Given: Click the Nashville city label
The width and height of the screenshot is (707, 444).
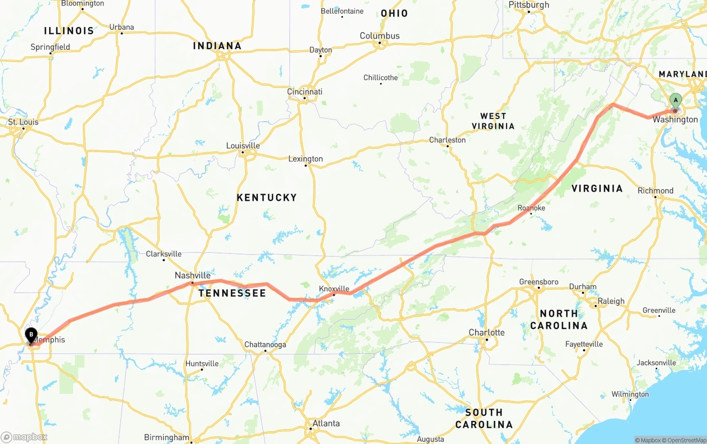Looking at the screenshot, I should pyautogui.click(x=192, y=275).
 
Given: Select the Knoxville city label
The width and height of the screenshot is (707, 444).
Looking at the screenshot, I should pyautogui.click(x=334, y=289).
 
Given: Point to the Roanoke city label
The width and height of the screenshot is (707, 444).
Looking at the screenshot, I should pyautogui.click(x=531, y=208).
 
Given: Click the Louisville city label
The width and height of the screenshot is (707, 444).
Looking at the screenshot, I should pyautogui.click(x=242, y=146).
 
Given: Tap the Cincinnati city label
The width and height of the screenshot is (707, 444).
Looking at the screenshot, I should pyautogui.click(x=305, y=92).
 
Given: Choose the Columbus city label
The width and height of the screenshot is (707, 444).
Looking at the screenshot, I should pyautogui.click(x=379, y=36).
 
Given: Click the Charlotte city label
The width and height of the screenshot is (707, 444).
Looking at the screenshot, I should pyautogui.click(x=487, y=332).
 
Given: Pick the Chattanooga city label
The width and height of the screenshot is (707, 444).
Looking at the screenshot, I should pyautogui.click(x=265, y=344).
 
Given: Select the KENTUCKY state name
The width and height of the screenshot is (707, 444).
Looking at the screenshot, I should pyautogui.click(x=267, y=197).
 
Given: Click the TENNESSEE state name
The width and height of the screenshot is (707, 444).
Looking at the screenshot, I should pyautogui.click(x=233, y=293).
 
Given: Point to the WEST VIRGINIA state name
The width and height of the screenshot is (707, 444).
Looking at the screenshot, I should pyautogui.click(x=493, y=121).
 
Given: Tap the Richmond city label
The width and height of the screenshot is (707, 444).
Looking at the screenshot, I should pyautogui.click(x=656, y=191).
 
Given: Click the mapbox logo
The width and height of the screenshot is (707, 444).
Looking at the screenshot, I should pyautogui.click(x=24, y=437).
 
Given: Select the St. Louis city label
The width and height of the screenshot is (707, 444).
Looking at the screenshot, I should pyautogui.click(x=23, y=122).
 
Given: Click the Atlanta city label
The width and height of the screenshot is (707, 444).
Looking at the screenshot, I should pyautogui.click(x=326, y=424).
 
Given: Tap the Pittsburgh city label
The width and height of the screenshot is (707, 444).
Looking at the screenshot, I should pyautogui.click(x=529, y=5).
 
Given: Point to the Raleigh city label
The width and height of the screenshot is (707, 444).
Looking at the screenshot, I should pyautogui.click(x=611, y=301).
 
